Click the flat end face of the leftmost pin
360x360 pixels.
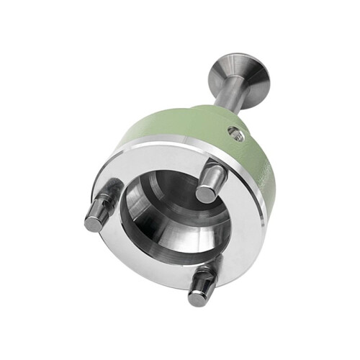[x=93, y=222]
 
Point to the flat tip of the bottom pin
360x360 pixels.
[x=197, y=297]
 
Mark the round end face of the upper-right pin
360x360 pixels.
[x=207, y=193]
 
